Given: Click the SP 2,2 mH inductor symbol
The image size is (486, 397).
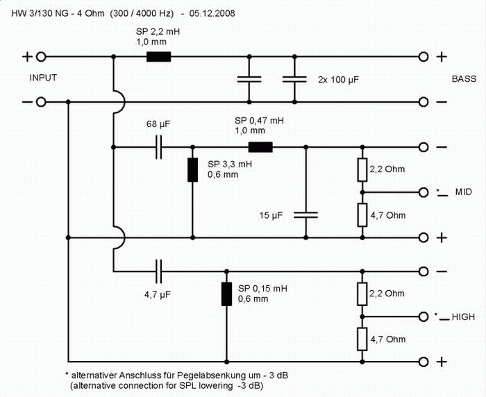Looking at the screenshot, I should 158,57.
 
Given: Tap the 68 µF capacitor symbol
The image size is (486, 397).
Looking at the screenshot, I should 160,147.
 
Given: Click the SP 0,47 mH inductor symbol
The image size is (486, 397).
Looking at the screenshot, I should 260,147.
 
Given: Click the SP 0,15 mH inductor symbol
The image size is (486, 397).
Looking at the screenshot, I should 226,294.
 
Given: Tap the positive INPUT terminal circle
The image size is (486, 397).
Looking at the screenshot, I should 41,57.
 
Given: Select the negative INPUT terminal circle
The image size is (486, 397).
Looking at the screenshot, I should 41,102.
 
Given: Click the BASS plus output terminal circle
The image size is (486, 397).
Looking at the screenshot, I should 424,57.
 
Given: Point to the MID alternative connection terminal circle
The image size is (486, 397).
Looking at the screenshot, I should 424,192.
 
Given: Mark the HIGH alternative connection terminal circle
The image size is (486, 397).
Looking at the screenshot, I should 424,316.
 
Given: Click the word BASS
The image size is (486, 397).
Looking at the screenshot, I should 463,79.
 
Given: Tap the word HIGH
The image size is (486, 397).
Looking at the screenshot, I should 463,317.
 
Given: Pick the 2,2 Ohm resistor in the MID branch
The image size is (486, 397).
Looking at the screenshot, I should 362,169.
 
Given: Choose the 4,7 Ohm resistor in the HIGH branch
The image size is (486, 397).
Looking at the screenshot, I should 362,339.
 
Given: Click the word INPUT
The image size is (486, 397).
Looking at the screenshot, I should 44,78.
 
